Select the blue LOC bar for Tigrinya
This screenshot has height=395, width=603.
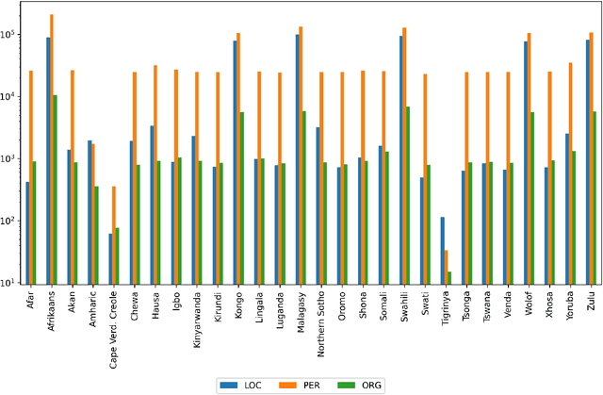pos(443,250)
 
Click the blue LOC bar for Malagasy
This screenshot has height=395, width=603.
pos(297,158)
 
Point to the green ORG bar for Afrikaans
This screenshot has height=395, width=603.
pos(56,189)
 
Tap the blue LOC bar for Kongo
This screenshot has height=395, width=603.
pos(235,161)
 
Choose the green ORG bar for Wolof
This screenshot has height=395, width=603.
pos(531,197)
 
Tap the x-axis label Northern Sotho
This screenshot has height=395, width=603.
pos(320,317)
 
